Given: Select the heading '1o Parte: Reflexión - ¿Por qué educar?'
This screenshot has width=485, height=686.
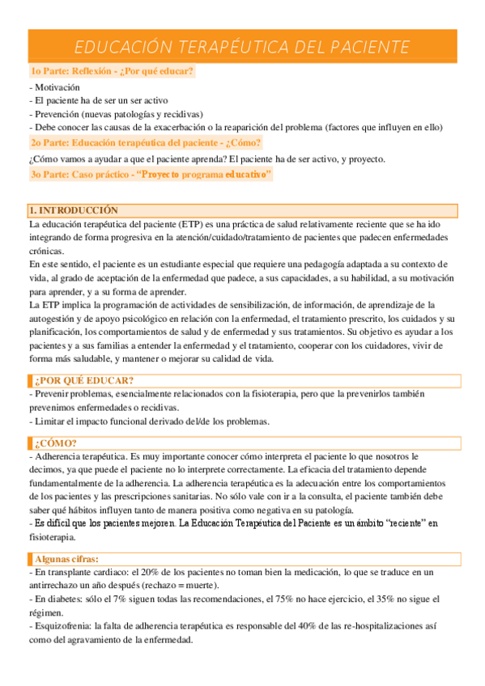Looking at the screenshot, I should coord(112,72).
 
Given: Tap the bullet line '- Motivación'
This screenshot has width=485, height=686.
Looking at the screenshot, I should coord(54,87).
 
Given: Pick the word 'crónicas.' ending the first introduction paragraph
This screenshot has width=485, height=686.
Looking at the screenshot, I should coord(47,252).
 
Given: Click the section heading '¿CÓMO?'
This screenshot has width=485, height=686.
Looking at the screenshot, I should coord(56,443).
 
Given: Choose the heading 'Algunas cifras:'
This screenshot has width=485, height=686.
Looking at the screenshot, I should coord(67,559).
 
